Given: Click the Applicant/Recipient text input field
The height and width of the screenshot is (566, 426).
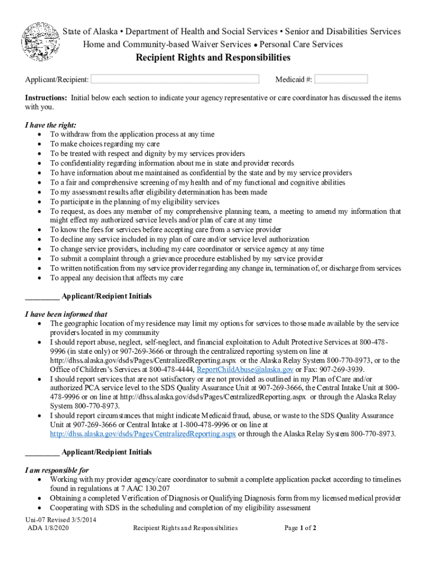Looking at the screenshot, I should coord(175,79).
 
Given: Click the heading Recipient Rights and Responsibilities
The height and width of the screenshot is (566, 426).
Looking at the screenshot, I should coord(213,58).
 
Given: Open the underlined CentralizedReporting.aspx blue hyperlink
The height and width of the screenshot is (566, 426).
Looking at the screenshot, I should coord(143,434).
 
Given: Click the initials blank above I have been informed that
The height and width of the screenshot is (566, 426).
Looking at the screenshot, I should coord(42,296).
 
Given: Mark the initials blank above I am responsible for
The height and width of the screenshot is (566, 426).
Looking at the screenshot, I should coord(42,452).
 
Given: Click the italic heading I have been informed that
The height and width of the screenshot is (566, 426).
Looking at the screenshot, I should coord(66,314).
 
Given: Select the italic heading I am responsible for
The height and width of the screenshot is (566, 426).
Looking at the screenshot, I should coord(57,470).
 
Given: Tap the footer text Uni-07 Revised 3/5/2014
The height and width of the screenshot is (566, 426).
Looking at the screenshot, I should coord(56,520).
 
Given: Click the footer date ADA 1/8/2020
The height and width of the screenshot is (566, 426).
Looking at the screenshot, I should coord(50,528).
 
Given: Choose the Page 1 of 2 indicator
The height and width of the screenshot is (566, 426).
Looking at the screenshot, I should coord(300,528).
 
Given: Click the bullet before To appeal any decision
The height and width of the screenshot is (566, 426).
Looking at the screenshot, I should coord(38,278).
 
